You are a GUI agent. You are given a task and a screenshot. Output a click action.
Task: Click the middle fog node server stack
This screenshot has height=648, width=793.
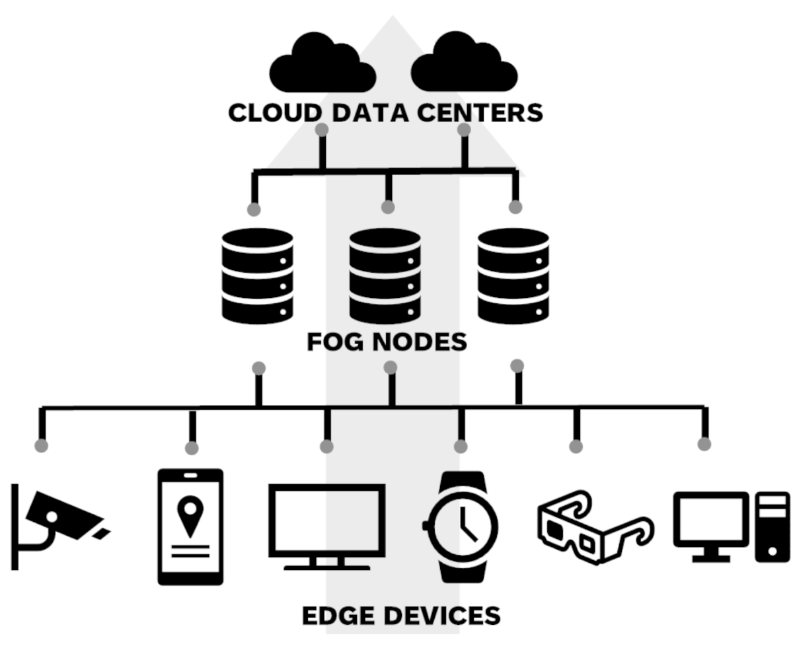click(x=385, y=275)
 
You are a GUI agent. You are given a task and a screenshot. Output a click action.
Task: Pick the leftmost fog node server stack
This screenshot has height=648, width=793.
click(x=258, y=275)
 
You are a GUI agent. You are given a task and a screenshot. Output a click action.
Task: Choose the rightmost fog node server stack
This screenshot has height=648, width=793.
click(x=513, y=275)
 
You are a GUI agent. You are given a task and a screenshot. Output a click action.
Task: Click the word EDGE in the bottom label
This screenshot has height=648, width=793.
click(x=338, y=616)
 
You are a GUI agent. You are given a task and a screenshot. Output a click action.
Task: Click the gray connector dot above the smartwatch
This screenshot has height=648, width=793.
click(x=461, y=447)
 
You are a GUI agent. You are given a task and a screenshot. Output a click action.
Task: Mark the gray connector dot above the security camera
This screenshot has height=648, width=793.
click(x=42, y=445)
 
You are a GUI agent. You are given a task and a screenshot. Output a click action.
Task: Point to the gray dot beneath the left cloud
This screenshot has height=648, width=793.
click(x=322, y=129)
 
